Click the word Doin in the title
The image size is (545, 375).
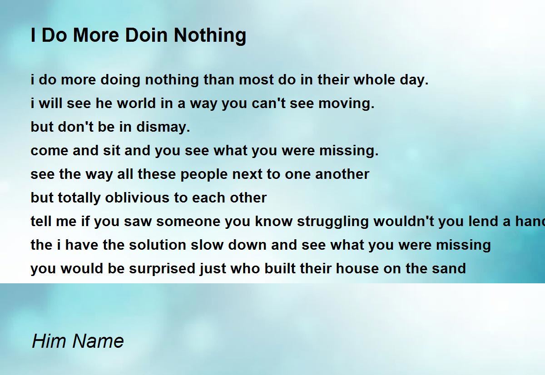coord(147,35)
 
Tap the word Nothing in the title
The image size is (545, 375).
coord(210,36)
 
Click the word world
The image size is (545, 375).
coord(136,103)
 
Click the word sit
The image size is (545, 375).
coord(111,150)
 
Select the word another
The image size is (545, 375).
coord(342,174)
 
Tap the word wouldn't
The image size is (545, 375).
coord(404,221)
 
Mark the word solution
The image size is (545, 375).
coord(158,245)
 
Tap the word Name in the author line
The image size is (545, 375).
coord(98,341)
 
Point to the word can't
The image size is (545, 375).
coord(268,103)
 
